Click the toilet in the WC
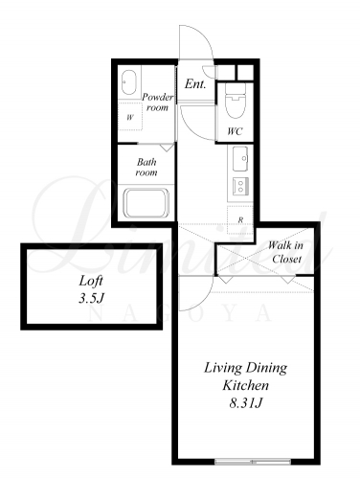236,101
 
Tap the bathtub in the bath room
146,203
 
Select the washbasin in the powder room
129,82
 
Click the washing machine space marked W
130,117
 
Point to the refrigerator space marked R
240,219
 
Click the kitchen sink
240,159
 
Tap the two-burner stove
240,186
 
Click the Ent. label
195,84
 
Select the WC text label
235,131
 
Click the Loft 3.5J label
91,289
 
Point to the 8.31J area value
246,403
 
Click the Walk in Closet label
286,252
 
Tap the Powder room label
158,102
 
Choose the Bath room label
146,167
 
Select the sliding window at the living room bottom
253,462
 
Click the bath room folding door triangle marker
167,148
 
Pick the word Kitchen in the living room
245,385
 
